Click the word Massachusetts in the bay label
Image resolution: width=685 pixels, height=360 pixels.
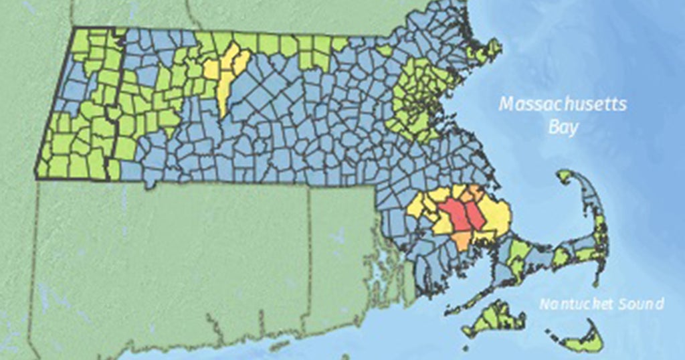[563, 105]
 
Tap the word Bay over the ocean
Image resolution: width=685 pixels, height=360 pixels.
[563, 126]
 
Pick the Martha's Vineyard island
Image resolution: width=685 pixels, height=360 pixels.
[495, 318]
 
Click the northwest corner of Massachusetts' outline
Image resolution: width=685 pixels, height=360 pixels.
[74, 28]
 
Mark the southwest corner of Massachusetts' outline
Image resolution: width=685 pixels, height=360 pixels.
[36, 178]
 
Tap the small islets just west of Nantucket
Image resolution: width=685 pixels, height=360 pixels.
[554, 333]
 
